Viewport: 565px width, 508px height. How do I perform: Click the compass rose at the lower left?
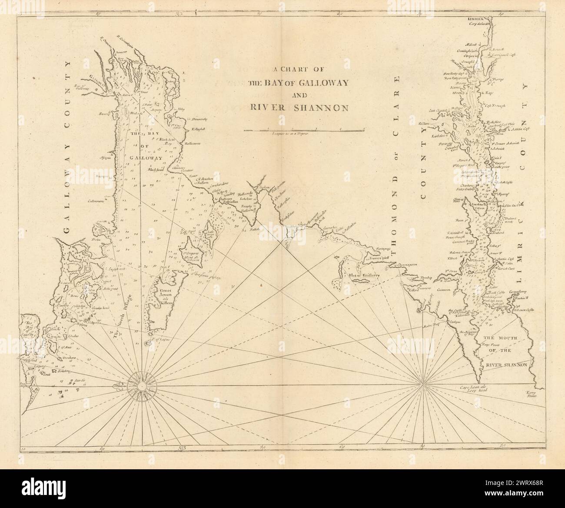tap(142, 385)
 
